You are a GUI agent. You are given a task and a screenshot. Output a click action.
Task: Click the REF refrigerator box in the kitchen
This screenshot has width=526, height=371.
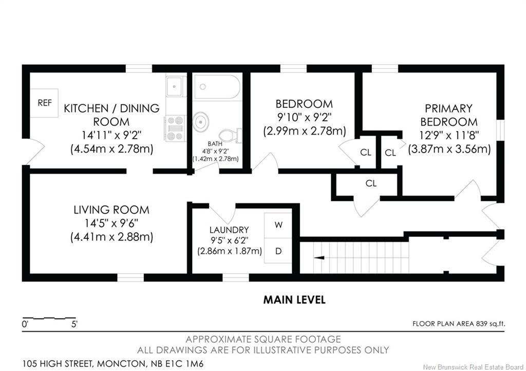coord(44,103)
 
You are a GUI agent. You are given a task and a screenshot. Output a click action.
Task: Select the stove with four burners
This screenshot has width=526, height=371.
coord(175,128)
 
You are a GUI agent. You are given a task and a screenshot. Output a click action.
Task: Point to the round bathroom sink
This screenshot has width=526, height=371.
coord(201,121)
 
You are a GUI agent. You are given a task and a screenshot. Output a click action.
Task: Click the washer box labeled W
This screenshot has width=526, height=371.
coord(278,226)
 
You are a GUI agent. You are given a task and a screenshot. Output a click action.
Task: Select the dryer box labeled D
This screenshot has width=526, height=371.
coord(278,251)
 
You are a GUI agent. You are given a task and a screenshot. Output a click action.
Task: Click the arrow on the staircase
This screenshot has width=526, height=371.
coord(319,257)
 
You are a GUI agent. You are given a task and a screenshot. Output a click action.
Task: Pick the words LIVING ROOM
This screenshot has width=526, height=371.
coord(111,210)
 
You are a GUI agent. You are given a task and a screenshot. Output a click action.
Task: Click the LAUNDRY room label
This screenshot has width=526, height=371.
coord(229,230)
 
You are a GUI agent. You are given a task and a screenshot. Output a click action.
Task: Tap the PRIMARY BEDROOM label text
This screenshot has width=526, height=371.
coord(449,115)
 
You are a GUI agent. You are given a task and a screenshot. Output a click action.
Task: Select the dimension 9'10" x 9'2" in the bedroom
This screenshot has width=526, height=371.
coord(304,117)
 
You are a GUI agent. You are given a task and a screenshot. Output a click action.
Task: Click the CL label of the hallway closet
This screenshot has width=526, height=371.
coord(371,183)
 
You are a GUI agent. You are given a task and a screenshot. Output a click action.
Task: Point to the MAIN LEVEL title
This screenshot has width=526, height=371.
coord(294,300)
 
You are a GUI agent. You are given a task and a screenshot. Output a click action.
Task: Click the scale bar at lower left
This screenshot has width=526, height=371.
coord(49,318)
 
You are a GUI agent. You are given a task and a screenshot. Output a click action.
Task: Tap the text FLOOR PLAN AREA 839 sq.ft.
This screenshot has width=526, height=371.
coord(459,324)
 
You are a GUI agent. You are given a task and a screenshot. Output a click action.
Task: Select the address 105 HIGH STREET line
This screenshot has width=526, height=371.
coord(112,364)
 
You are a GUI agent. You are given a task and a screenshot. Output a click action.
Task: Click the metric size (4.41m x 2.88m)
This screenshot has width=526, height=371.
coord(111,237)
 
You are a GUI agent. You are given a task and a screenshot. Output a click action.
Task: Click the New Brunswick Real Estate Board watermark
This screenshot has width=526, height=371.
coord(473,367)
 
